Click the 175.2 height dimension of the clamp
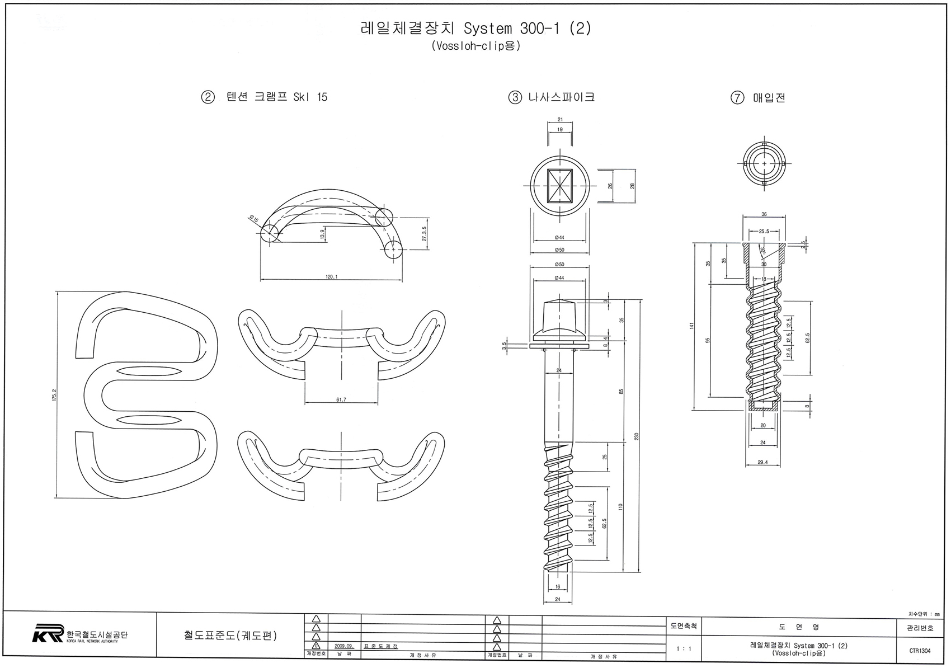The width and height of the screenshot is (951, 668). point(54,395)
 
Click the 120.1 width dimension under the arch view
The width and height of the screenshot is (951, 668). point(331,277)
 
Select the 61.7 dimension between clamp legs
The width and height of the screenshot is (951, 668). point(341,399)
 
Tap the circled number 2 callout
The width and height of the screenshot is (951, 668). point(208,97)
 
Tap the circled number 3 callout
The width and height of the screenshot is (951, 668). point(514,97)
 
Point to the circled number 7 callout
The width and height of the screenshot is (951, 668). point(737,98)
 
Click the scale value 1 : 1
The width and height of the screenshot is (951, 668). point(683,649)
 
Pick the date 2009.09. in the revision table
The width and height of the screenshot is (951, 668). point(344,646)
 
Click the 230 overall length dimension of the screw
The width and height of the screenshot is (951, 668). point(637,436)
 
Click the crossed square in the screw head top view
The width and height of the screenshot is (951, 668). point(560,186)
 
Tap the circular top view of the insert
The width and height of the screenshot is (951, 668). point(765,163)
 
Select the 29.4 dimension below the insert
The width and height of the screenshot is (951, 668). point(764,462)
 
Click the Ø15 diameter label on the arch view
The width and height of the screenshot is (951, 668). point(255,219)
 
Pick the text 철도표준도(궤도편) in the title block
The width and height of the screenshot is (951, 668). point(230,636)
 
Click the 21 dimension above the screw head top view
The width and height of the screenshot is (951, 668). point(560,119)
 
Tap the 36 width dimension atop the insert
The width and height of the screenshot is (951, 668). point(764,214)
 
